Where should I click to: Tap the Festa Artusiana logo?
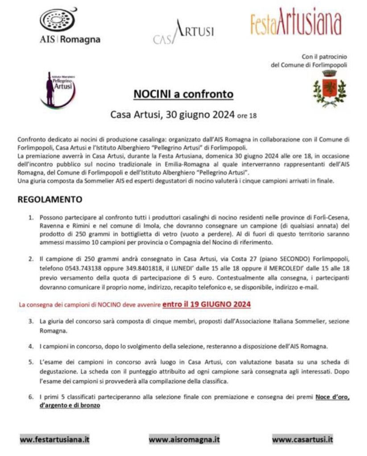296,22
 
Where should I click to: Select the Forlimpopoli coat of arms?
329,89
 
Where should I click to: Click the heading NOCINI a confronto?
183,95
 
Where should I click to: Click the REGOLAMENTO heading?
50,199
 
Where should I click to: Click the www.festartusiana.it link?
55,439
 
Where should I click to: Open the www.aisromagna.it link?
184,439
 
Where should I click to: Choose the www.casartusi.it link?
302,439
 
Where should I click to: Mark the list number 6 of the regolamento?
31,397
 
